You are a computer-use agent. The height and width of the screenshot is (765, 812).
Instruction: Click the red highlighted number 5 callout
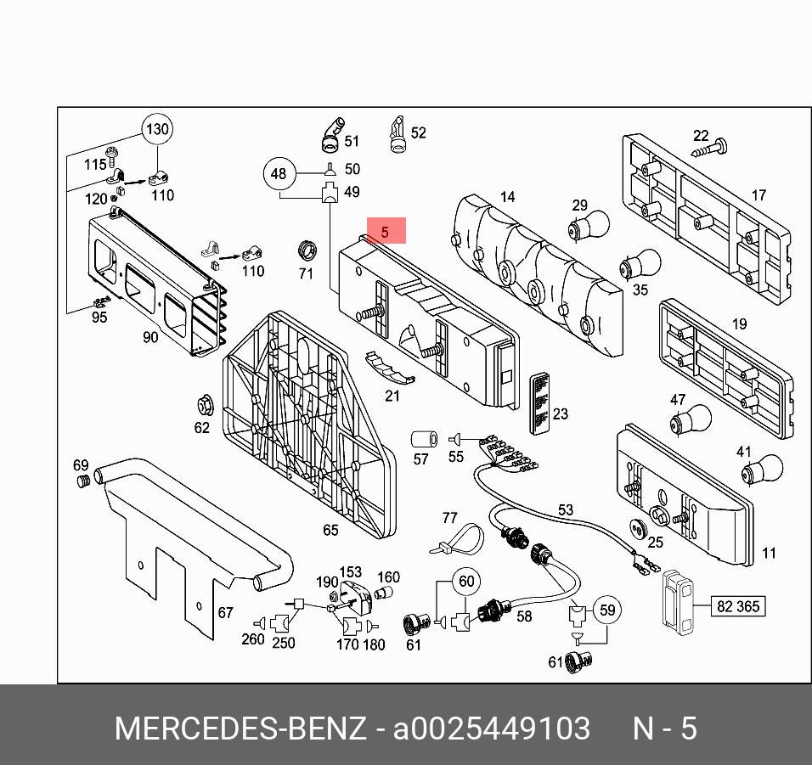coord(386,231)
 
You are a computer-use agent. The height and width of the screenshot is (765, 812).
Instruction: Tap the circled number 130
coord(157,130)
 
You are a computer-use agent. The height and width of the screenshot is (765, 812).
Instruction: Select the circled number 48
coord(279,175)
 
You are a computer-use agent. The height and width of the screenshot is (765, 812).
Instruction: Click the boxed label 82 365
coord(738,606)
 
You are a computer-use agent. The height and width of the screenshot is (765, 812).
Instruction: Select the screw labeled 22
coord(713,150)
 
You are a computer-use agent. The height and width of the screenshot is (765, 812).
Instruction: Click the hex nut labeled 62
coord(204,402)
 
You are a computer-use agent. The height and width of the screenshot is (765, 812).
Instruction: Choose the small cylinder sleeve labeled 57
coord(422,440)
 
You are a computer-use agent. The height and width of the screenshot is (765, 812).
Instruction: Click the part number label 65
coord(330,531)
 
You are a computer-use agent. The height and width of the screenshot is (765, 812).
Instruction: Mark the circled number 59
coord(606,610)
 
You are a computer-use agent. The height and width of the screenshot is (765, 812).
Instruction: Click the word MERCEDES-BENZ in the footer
coord(240,729)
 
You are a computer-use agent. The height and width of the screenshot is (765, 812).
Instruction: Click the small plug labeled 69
coord(83,483)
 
